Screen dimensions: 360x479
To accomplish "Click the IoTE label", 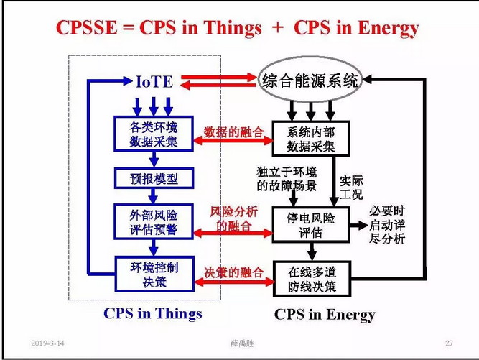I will click(154, 81).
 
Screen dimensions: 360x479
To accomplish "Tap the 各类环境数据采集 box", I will click(154, 134).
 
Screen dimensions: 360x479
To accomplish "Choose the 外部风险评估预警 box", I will click(154, 221).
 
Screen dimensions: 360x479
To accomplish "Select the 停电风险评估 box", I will click(310, 225).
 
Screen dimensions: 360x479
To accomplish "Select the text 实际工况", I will click(353, 187).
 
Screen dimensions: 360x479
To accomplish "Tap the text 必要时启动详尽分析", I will click(387, 225).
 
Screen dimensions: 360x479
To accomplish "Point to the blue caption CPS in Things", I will click(153, 313).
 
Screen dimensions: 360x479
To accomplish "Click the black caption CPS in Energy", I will click(325, 315).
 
